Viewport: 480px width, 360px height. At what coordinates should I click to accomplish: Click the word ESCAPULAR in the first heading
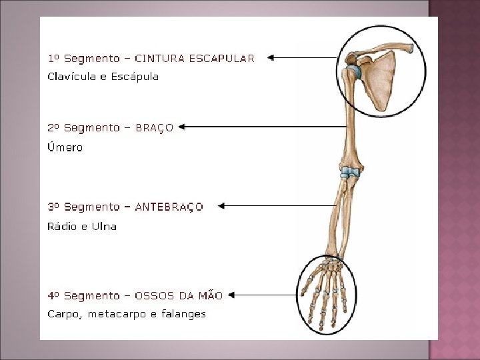(x=221, y=59)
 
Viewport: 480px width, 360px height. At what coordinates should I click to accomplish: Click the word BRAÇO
(x=154, y=128)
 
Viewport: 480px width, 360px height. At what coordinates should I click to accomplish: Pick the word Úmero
(x=65, y=147)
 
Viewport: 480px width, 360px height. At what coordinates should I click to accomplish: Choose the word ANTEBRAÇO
(x=169, y=207)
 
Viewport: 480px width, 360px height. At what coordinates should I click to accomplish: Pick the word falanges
(x=183, y=314)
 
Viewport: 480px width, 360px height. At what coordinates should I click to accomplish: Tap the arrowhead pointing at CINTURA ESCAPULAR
(x=271, y=58)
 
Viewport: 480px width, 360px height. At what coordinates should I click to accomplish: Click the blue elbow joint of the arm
(x=349, y=173)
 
